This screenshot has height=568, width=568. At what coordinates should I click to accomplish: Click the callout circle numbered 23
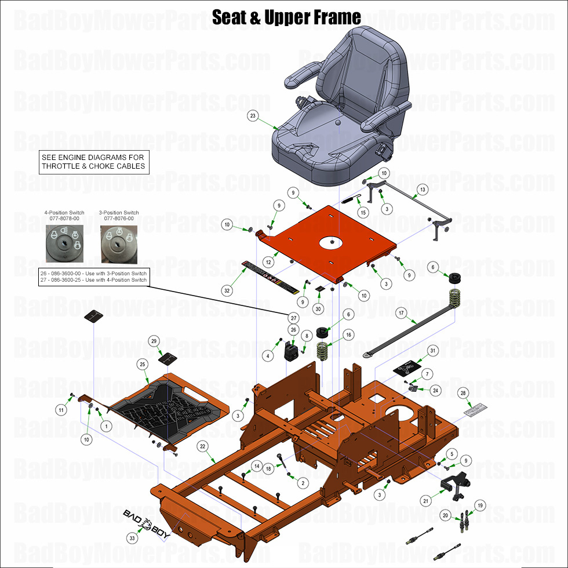click(252, 116)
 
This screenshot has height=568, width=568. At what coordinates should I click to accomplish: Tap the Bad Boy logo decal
click(148, 523)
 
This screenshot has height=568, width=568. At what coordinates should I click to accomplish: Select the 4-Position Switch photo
click(64, 243)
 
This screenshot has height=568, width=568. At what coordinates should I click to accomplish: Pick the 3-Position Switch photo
click(119, 243)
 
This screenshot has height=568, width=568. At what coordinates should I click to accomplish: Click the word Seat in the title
click(231, 17)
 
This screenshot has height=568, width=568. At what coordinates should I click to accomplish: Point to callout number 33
click(133, 538)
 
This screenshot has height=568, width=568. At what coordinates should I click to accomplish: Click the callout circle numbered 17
click(400, 313)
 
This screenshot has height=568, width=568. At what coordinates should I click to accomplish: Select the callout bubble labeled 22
click(202, 446)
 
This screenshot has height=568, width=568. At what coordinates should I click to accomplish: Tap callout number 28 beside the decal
click(463, 393)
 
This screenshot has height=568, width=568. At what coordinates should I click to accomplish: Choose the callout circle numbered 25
click(141, 363)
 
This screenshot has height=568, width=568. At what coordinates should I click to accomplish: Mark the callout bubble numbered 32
click(227, 290)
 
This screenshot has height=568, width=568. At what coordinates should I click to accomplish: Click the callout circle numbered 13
click(423, 190)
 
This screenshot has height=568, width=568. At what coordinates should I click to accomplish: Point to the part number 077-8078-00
click(64, 219)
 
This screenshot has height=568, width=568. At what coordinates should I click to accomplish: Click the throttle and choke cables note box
click(93, 162)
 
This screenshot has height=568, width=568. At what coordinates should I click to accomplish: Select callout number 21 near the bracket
click(426, 501)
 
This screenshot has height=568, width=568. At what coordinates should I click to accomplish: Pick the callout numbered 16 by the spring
click(348, 334)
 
